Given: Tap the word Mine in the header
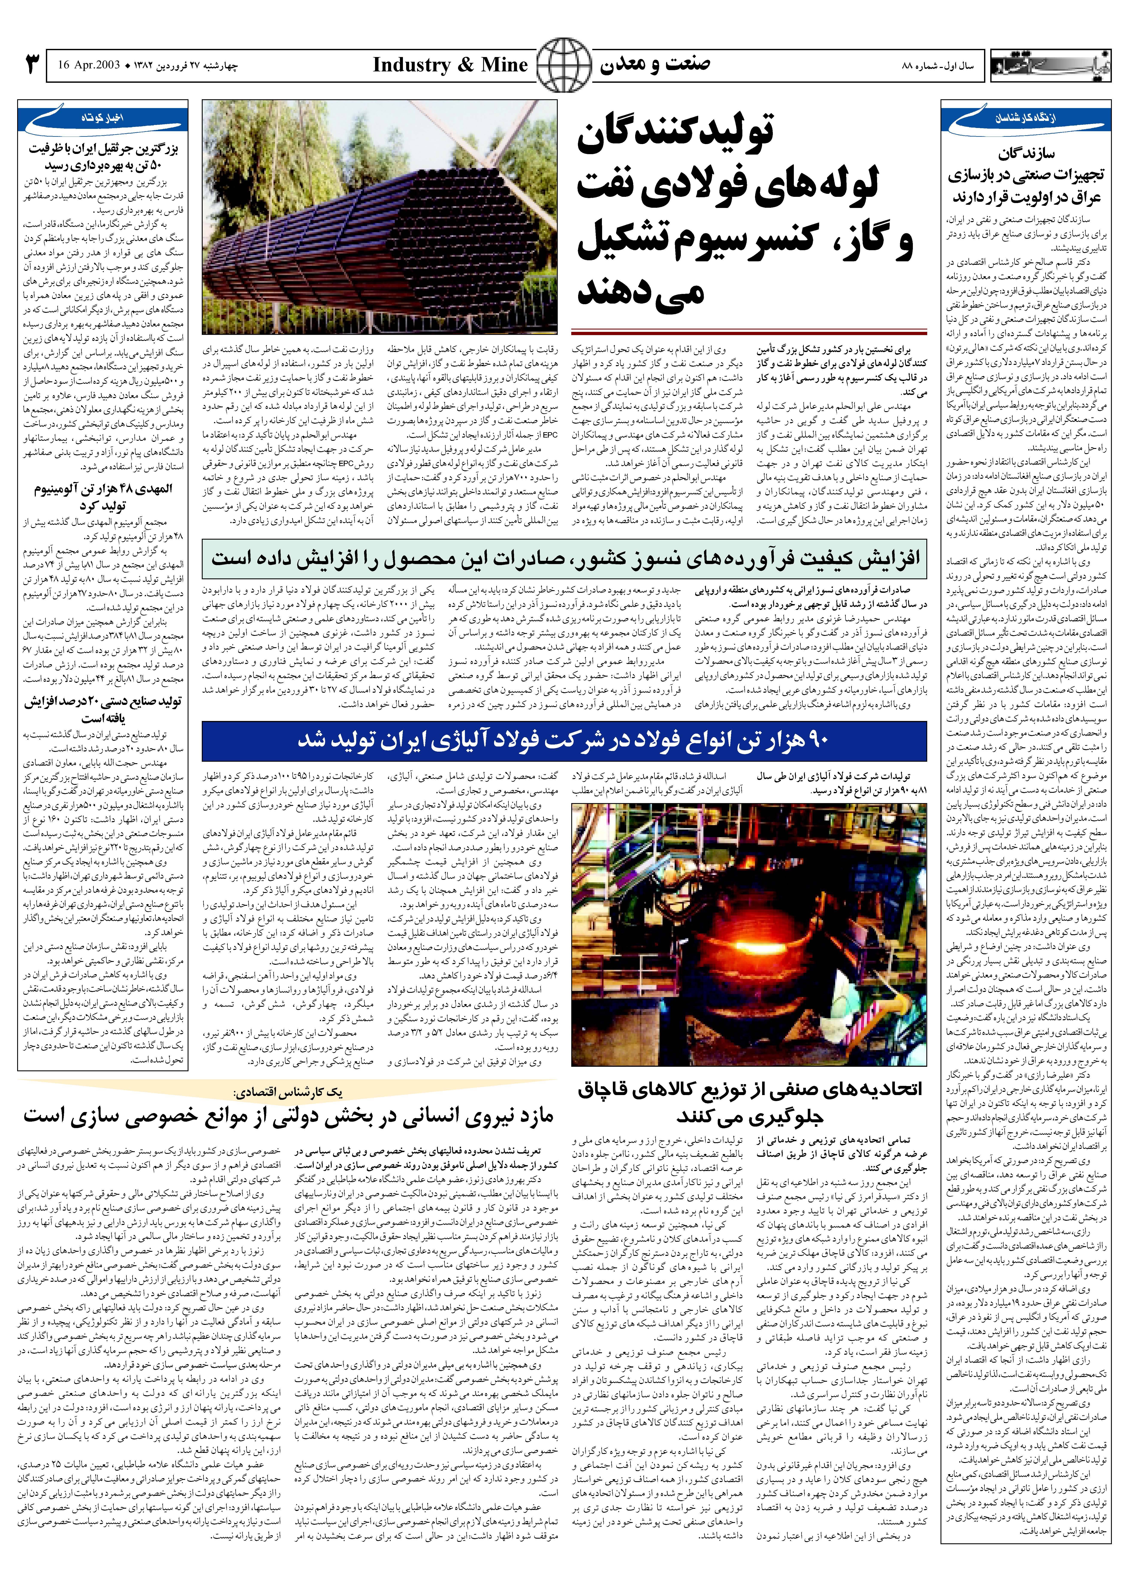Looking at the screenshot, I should point(504,65).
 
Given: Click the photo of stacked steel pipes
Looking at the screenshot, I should point(380,217).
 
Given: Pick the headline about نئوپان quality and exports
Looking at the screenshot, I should point(564,558).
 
